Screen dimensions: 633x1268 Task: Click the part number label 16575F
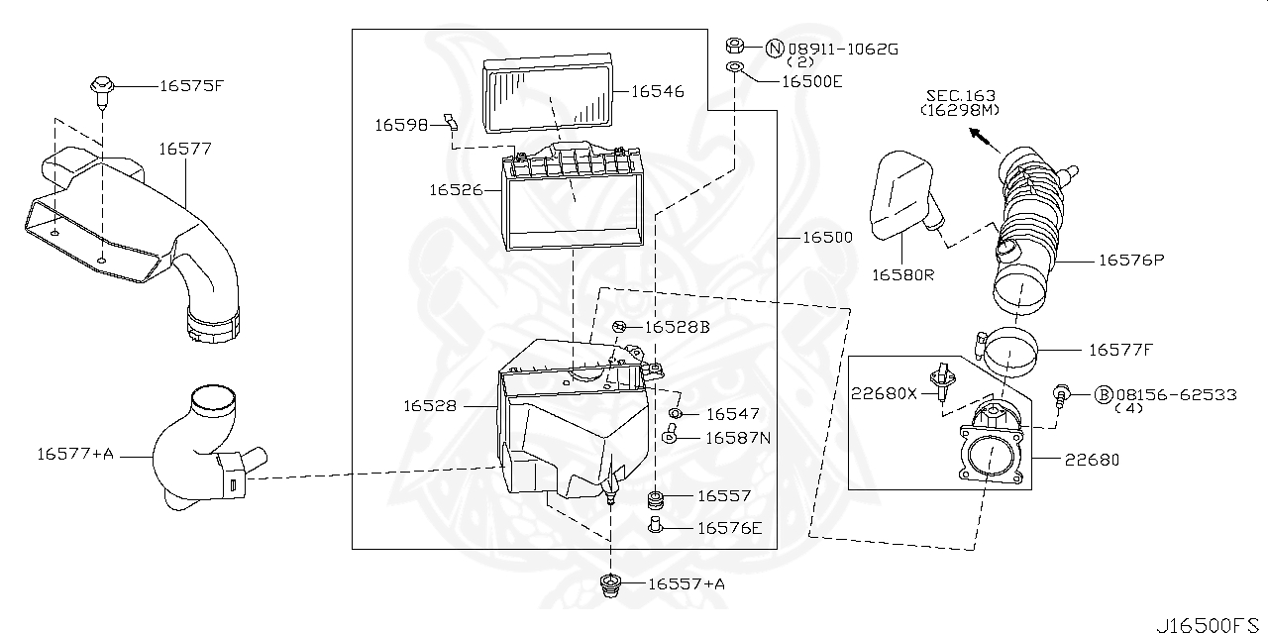pyautogui.click(x=192, y=85)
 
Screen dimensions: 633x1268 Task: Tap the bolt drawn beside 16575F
pyautogui.click(x=101, y=86)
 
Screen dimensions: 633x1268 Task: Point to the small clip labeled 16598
pyautogui.click(x=451, y=122)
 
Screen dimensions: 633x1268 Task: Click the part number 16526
pyautogui.click(x=455, y=188)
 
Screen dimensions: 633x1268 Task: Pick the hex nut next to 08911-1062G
pyautogui.click(x=734, y=45)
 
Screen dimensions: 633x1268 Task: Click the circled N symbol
pyautogui.click(x=775, y=47)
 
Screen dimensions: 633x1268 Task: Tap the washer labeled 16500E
pyautogui.click(x=734, y=67)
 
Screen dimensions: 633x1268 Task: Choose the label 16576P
pyautogui.click(x=1130, y=261)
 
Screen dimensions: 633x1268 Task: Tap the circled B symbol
pyautogui.click(x=1103, y=394)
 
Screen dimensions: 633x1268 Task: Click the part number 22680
pyautogui.click(x=1092, y=460)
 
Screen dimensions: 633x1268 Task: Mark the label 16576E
pyautogui.click(x=729, y=528)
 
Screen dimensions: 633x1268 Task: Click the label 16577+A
pyautogui.click(x=76, y=454)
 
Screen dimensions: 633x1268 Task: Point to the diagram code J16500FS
pyautogui.click(x=1210, y=624)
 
